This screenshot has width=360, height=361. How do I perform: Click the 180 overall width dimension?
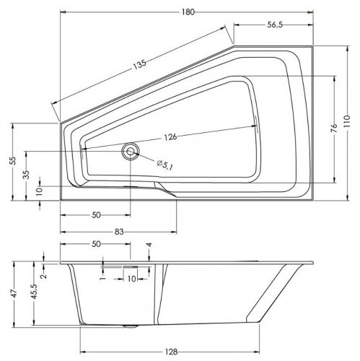click(x=188, y=12)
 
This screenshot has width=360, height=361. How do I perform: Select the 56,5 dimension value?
click(x=275, y=25)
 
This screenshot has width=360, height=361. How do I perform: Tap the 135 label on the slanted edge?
click(x=140, y=64)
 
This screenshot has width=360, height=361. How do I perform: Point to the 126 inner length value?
click(x=170, y=137)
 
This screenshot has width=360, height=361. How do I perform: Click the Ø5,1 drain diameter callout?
click(x=165, y=165)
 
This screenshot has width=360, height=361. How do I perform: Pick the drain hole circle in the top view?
click(x=131, y=151)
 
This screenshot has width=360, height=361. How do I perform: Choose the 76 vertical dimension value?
click(x=334, y=129)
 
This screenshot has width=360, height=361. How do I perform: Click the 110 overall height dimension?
click(x=347, y=123)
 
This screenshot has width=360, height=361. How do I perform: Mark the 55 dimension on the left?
click(x=14, y=160)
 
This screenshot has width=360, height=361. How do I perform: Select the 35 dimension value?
click(x=27, y=175)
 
